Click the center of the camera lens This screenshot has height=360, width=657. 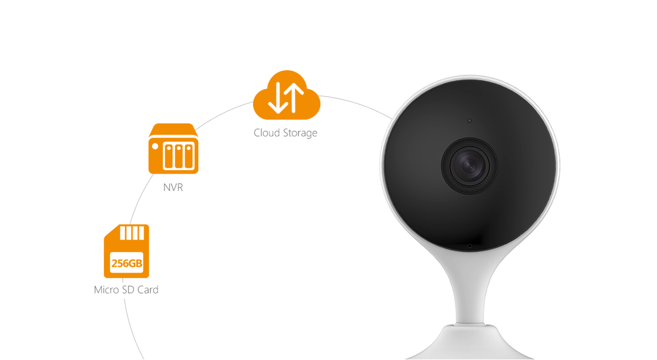point(469,165)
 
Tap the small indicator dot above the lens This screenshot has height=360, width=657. point(469,120)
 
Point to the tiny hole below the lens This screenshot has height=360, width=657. point(469,246)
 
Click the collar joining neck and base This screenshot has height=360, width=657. point(469,322)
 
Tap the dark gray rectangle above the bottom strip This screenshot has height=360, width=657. point(201,298)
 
